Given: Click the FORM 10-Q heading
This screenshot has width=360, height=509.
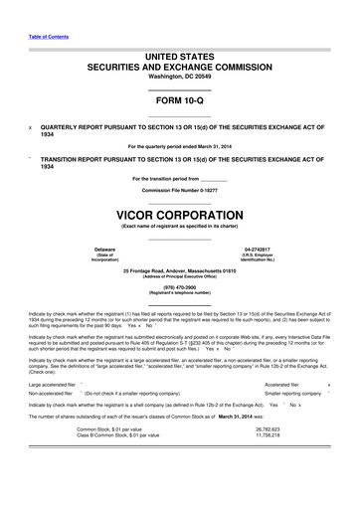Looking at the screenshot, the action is (180, 102).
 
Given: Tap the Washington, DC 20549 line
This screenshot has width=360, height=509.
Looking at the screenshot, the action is (180, 78).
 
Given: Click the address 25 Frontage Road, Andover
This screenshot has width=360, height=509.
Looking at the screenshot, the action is (180, 269).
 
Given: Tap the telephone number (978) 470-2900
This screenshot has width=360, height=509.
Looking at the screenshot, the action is (180, 287).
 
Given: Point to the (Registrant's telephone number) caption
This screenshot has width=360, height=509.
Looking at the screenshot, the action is (180, 293).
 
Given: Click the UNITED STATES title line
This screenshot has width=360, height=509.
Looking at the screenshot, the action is (180, 58).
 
